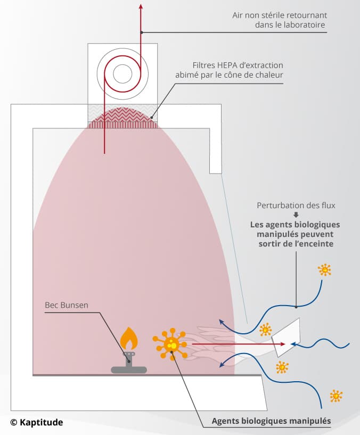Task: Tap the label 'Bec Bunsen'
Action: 67,306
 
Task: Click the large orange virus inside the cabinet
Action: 171,344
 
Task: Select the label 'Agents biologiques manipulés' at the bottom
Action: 271,421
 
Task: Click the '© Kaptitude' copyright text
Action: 36,422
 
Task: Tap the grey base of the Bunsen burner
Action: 129,368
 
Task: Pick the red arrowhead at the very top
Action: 141,6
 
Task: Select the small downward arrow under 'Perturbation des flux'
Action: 296,215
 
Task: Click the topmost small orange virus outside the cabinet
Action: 324,269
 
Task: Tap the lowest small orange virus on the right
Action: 336,396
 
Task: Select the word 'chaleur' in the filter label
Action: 268,75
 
